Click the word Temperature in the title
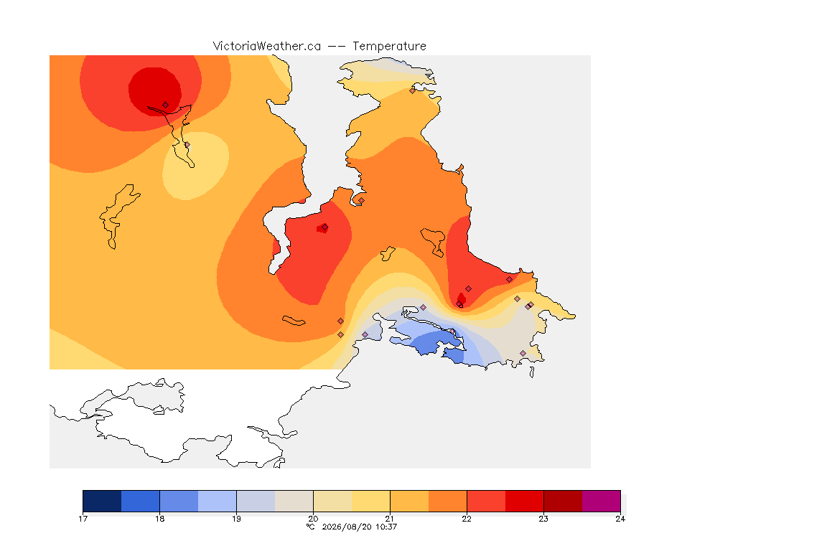pyautogui.click(x=389, y=47)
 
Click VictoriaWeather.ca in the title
pyautogui.click(x=267, y=47)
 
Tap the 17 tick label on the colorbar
pyautogui.click(x=83, y=519)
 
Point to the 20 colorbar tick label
pyautogui.click(x=313, y=519)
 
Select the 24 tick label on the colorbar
pyautogui.click(x=620, y=519)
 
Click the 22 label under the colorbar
pyautogui.click(x=467, y=519)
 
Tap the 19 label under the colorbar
pyautogui.click(x=236, y=519)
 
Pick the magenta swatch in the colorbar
pyautogui.click(x=602, y=501)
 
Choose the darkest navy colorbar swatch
pyautogui.click(x=103, y=501)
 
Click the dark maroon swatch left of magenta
pyautogui.click(x=563, y=501)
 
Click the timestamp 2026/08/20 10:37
pyautogui.click(x=359, y=527)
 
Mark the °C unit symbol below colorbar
pyautogui.click(x=311, y=527)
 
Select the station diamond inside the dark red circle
pyautogui.click(x=166, y=105)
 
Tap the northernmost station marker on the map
pyautogui.click(x=413, y=90)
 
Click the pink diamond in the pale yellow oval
pyautogui.click(x=187, y=144)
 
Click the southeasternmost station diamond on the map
pyautogui.click(x=523, y=353)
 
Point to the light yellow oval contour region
pyautogui.click(x=196, y=166)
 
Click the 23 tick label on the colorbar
pyautogui.click(x=543, y=519)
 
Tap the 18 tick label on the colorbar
pyautogui.click(x=160, y=519)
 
